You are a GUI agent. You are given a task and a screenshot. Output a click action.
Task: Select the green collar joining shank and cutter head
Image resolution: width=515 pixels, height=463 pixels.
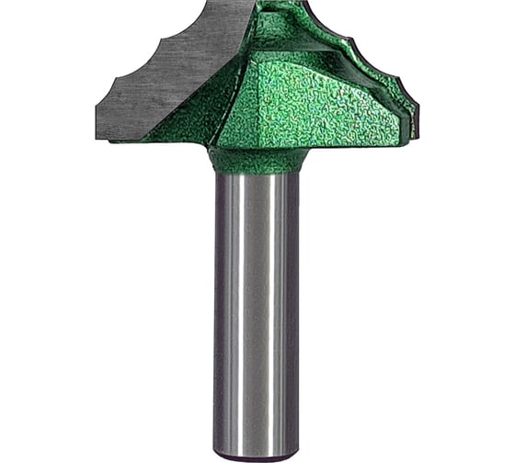coord(257,161)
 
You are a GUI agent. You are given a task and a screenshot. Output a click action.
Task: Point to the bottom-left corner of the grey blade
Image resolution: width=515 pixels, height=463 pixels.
coord(98,138)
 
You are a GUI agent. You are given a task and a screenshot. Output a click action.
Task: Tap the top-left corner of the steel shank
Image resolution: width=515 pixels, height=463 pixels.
coord(215,175)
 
